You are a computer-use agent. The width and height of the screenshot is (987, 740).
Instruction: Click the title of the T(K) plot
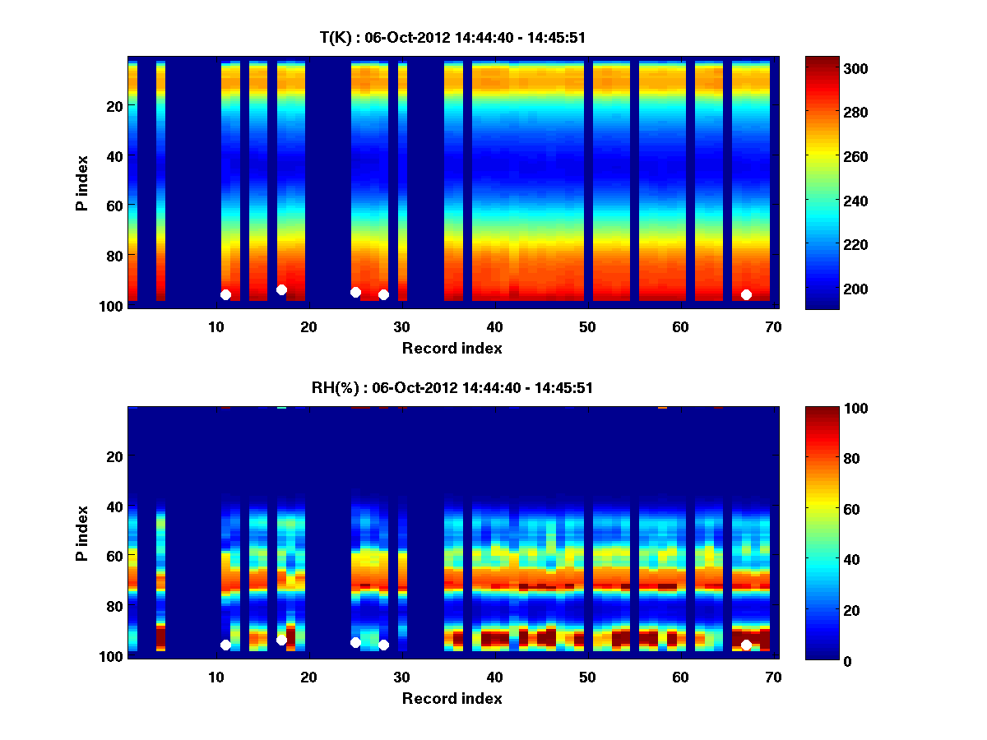[452, 37]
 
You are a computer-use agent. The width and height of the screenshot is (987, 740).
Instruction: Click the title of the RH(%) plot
[452, 387]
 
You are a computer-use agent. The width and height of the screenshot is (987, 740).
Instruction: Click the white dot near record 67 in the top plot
[746, 294]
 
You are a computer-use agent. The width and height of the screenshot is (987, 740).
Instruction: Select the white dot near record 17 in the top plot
[281, 289]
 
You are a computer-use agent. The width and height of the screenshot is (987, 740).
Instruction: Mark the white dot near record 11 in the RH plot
[225, 645]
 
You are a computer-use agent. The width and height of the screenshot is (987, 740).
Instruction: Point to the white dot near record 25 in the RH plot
[355, 642]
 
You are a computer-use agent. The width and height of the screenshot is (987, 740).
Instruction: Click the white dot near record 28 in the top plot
[383, 294]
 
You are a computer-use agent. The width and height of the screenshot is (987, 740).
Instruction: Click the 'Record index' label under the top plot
[452, 348]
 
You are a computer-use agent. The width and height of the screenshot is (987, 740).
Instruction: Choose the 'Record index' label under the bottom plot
[452, 698]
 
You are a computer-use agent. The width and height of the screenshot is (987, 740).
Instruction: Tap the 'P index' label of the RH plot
[82, 533]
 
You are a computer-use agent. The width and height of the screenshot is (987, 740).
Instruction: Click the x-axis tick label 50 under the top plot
[587, 327]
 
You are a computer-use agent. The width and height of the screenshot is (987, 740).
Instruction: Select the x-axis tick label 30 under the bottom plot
[401, 678]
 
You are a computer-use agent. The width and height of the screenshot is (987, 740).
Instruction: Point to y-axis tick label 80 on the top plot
[114, 255]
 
